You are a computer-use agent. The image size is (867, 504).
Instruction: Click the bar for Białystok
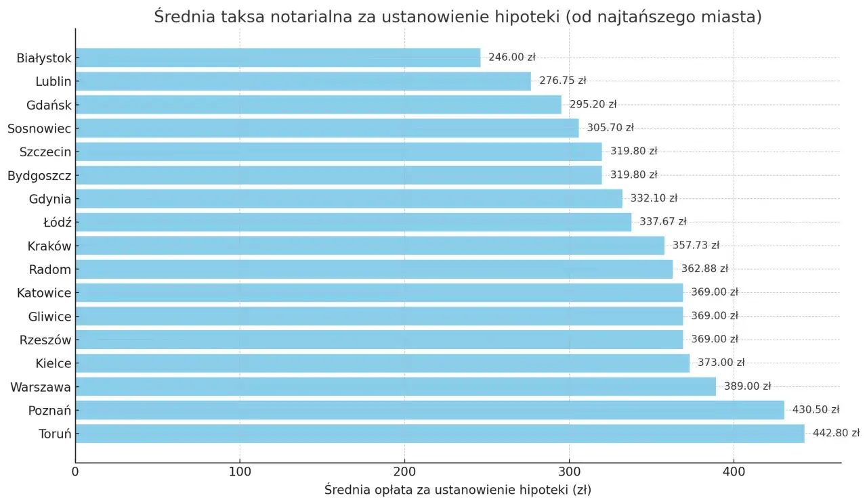click(x=278, y=58)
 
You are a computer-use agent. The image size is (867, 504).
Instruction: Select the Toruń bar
click(x=440, y=434)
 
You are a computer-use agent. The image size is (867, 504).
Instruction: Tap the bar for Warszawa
click(x=396, y=386)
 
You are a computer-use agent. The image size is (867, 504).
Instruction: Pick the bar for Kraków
click(x=370, y=246)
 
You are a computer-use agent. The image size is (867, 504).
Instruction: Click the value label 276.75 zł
click(x=562, y=81)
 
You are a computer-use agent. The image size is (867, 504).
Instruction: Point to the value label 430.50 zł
click(x=816, y=410)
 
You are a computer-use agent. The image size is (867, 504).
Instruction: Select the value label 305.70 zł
click(x=610, y=128)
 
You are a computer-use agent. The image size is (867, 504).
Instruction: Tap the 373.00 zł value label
click(x=721, y=363)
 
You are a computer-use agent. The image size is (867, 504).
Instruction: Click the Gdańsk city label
click(x=49, y=105)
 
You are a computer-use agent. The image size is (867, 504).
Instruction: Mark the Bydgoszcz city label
click(x=39, y=175)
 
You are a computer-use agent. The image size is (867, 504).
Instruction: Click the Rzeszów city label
click(x=45, y=340)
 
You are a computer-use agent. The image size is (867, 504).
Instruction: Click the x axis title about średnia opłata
click(x=457, y=490)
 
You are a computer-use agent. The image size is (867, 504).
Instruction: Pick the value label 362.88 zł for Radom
click(x=704, y=269)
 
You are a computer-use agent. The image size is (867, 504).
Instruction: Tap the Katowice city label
click(x=44, y=293)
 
